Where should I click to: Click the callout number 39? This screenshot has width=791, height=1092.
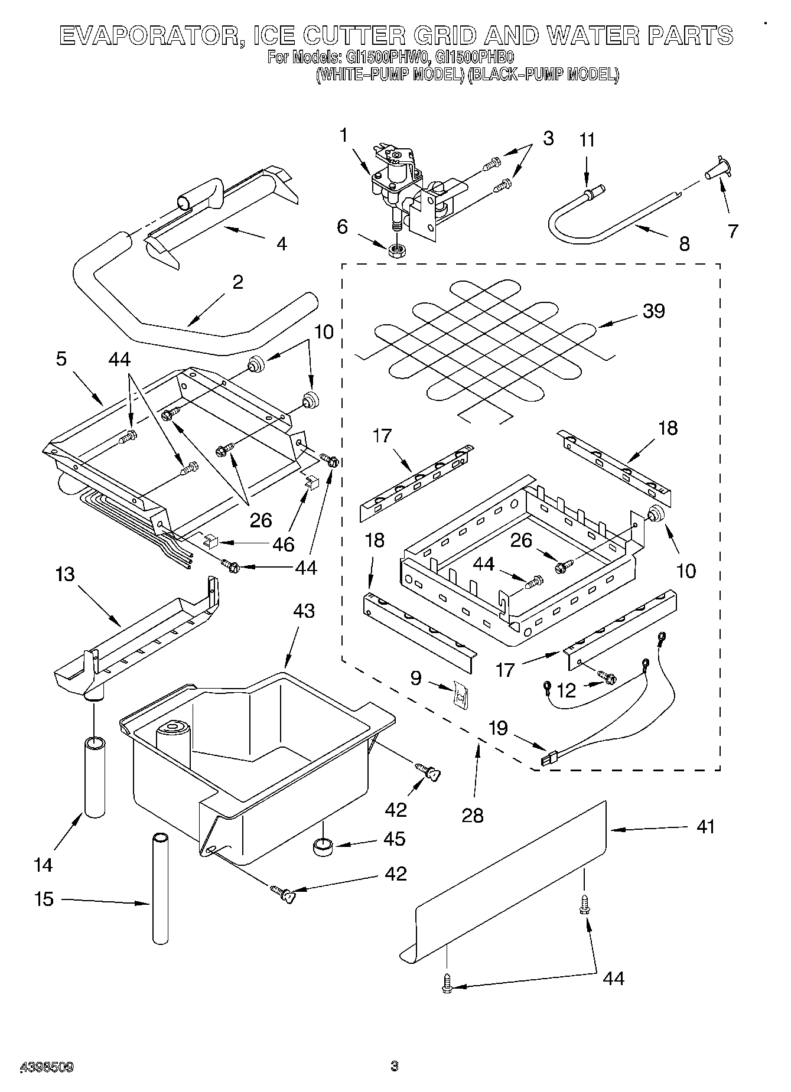tap(653, 311)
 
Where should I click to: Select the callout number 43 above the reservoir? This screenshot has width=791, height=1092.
tap(304, 611)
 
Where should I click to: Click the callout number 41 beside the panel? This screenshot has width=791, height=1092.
tap(705, 826)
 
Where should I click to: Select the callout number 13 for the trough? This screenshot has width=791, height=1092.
tap(65, 573)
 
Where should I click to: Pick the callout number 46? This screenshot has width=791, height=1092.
tap(283, 544)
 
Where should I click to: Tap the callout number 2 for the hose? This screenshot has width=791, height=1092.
tap(237, 282)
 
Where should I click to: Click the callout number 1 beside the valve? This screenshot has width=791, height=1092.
tap(344, 135)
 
